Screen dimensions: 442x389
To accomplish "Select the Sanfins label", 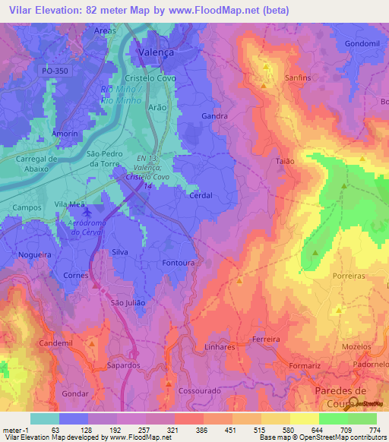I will pyautogui.click(x=277, y=78).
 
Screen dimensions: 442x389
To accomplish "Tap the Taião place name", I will pyautogui.click(x=283, y=161).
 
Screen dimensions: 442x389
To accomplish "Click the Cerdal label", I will pyautogui.click(x=200, y=194).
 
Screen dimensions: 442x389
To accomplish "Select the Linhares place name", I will pyautogui.click(x=220, y=346).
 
